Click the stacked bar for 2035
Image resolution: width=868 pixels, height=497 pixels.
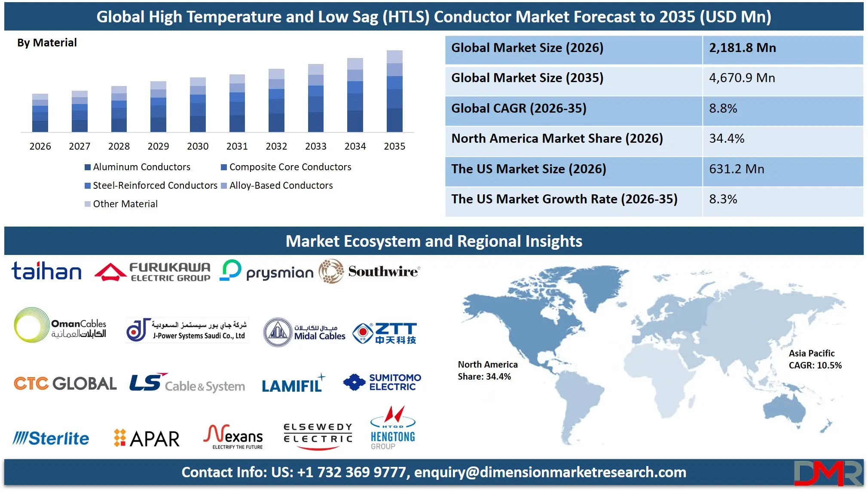click(394, 91)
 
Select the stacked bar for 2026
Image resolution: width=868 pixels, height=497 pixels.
click(40, 113)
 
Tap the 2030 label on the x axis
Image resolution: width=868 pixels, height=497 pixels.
click(198, 146)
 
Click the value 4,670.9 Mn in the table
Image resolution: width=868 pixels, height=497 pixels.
click(742, 78)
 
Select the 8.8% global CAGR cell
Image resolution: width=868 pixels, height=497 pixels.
click(723, 108)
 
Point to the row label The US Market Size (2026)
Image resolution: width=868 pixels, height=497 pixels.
click(529, 169)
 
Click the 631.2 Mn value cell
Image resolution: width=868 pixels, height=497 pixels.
click(737, 169)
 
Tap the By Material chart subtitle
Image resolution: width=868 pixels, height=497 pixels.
click(47, 43)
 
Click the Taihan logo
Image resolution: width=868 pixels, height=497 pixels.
click(46, 271)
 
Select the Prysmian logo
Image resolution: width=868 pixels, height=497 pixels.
click(267, 271)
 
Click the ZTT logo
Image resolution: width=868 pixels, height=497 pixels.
click(385, 333)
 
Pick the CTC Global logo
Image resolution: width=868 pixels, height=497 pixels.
click(65, 383)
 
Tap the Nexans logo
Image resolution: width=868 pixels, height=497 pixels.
click(233, 436)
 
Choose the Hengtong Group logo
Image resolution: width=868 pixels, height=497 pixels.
click(393, 428)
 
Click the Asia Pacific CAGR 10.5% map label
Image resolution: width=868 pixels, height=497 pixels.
click(815, 359)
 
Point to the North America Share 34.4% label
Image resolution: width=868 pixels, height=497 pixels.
click(487, 371)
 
